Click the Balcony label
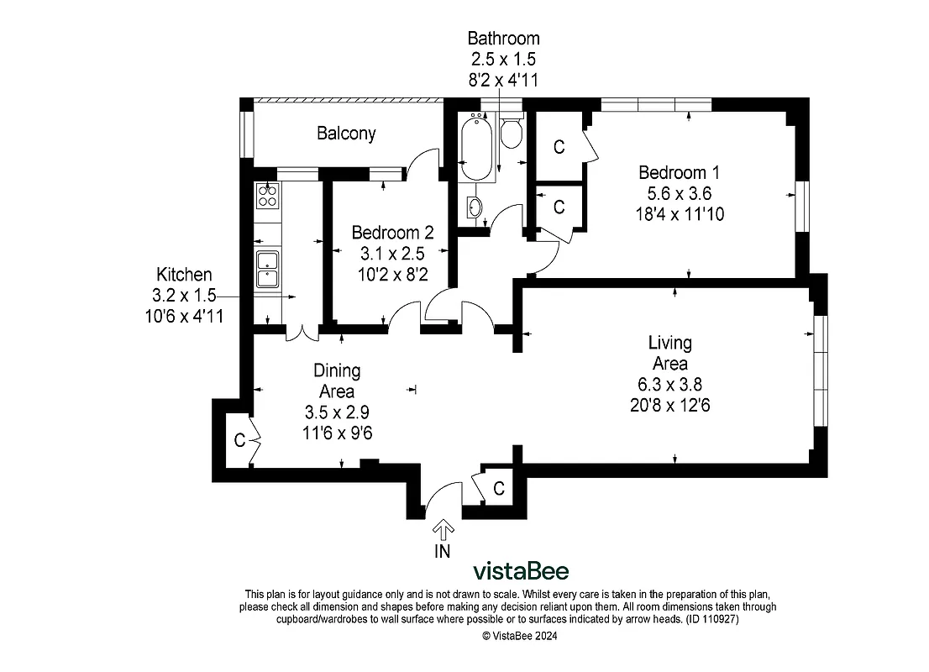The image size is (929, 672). click(x=346, y=133)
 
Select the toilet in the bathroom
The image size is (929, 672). click(x=511, y=133)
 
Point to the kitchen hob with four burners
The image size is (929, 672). click(x=268, y=196)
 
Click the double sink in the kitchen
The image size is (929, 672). click(x=268, y=269)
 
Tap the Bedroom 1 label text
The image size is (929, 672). click(x=679, y=172)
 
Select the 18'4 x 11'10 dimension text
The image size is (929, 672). click(x=680, y=214)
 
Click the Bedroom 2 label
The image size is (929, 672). click(x=392, y=232)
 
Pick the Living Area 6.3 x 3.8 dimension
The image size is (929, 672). click(x=669, y=385)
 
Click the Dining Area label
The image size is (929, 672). click(x=337, y=381)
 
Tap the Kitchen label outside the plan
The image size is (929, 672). click(x=184, y=275)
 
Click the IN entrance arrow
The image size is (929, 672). click(x=443, y=529)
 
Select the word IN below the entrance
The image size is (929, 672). click(x=443, y=552)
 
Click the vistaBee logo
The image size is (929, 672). click(x=521, y=571)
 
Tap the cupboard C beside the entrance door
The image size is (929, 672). click(x=498, y=488)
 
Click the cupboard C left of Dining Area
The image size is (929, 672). click(x=239, y=439)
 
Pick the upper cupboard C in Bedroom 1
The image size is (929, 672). click(x=559, y=146)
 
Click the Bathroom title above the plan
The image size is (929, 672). click(x=503, y=39)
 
